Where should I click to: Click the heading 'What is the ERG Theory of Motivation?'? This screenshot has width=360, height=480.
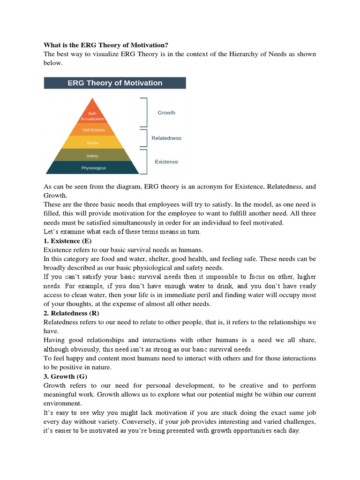(x=106, y=45)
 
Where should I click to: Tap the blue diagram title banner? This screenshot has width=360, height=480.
(x=115, y=83)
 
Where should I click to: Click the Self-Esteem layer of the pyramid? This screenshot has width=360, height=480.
(x=93, y=130)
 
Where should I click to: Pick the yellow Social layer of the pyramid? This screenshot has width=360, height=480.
(x=92, y=142)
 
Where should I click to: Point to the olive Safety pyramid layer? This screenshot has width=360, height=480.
(x=92, y=156)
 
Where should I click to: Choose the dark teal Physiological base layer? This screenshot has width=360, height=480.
(x=93, y=168)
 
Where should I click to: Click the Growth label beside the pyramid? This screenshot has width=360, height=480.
(x=166, y=112)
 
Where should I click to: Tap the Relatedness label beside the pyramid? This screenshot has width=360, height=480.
(x=166, y=138)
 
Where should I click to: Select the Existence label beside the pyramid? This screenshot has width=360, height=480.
(x=166, y=162)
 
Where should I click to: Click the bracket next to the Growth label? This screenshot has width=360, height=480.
(x=145, y=112)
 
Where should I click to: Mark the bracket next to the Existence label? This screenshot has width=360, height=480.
(x=145, y=162)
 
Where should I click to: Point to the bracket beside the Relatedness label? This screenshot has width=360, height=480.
(x=145, y=138)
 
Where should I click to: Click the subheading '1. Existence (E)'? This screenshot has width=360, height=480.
(x=67, y=241)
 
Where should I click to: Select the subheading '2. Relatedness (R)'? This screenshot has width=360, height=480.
(x=71, y=313)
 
